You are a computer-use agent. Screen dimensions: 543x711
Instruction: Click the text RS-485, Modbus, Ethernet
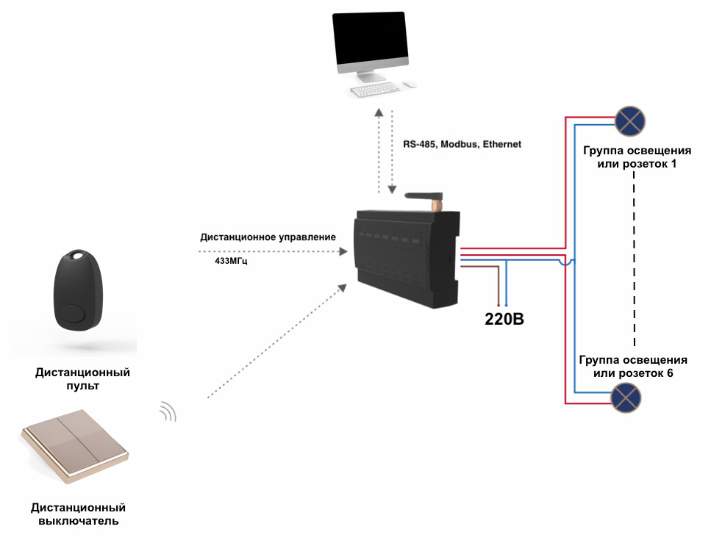point(462,145)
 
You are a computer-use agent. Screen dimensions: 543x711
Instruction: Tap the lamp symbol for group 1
point(630,120)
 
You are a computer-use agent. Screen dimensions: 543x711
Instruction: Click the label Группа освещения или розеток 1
point(635,157)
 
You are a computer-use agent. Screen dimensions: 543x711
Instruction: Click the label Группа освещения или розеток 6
point(633,367)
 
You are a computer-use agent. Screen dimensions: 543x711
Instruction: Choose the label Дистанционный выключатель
point(78,514)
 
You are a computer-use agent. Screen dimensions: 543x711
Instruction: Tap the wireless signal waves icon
point(170,412)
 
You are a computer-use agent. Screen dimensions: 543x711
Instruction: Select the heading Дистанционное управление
point(268,237)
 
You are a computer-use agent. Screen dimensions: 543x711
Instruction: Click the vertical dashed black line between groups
point(634,265)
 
